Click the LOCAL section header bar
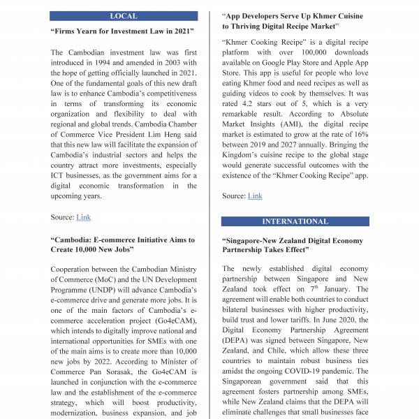124,16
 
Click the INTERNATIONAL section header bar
295,221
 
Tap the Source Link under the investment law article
83,217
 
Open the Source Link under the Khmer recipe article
255,196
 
